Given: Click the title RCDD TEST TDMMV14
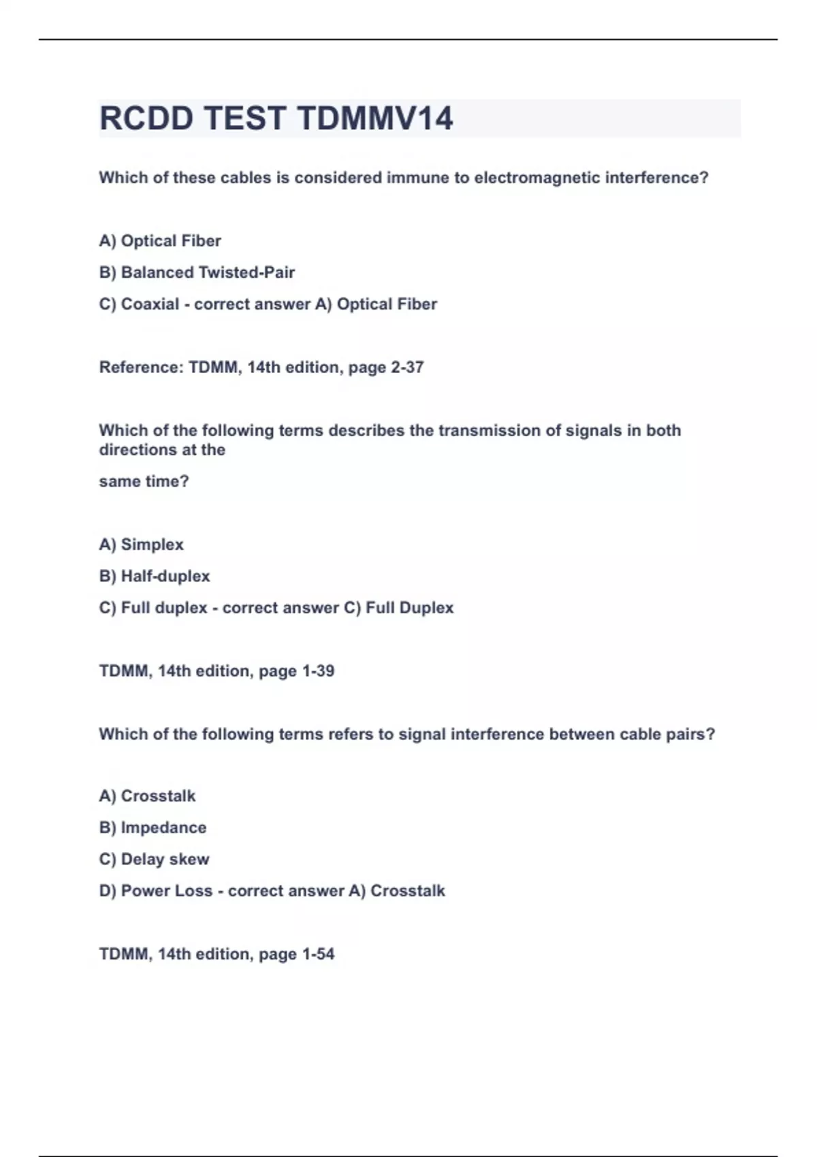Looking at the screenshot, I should tap(276, 118).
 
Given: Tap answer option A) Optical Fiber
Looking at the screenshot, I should tap(160, 241).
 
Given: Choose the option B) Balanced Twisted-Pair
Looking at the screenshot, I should tap(197, 272).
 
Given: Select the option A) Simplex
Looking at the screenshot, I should tap(142, 544).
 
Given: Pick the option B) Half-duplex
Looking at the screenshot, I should tap(155, 576).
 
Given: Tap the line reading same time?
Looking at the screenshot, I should tap(144, 482).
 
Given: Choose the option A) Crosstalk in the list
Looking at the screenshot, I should tap(147, 796).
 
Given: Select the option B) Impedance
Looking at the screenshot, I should tap(153, 828).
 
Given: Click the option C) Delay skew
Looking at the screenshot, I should tap(154, 860).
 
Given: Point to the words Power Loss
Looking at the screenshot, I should tap(166, 891).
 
